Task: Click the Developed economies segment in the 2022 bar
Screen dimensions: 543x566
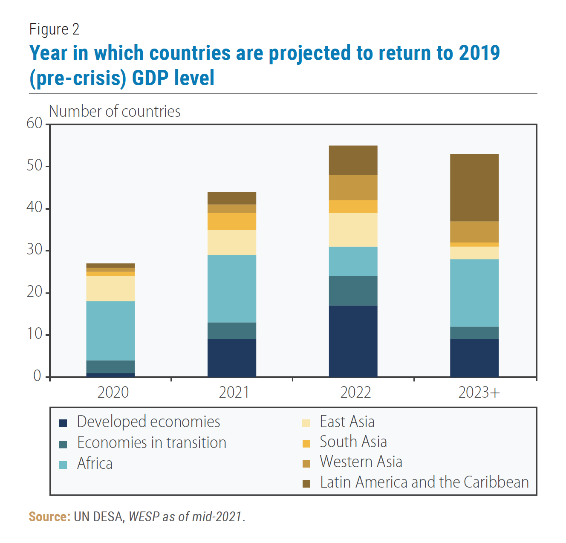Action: (x=353, y=341)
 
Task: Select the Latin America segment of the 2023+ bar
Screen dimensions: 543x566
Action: (x=474, y=188)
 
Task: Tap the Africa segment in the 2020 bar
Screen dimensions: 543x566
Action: (x=110, y=331)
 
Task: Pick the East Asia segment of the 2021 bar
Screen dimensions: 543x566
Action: (x=232, y=243)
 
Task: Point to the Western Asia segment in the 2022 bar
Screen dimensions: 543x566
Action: (x=353, y=188)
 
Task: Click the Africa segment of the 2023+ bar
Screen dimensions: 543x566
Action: (x=474, y=293)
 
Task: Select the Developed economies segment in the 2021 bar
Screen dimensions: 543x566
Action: (x=232, y=358)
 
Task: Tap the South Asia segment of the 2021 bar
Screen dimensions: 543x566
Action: (x=232, y=221)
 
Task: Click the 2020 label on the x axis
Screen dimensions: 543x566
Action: (x=113, y=392)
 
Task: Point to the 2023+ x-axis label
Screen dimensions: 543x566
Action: (x=479, y=392)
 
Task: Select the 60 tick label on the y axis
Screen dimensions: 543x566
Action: (x=35, y=123)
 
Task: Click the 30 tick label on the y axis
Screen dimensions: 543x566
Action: (x=35, y=249)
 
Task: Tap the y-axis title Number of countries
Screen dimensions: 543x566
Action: (x=115, y=111)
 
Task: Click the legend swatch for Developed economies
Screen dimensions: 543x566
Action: (x=63, y=423)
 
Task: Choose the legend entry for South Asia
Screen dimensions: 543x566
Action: (x=353, y=442)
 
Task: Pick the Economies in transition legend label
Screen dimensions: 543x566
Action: (x=152, y=443)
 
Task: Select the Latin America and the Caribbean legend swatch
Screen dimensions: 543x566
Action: (x=306, y=483)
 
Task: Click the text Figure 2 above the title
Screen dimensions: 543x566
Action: (x=54, y=29)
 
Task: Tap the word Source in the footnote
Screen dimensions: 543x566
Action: (x=49, y=517)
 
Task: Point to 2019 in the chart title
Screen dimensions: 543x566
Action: (x=479, y=53)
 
